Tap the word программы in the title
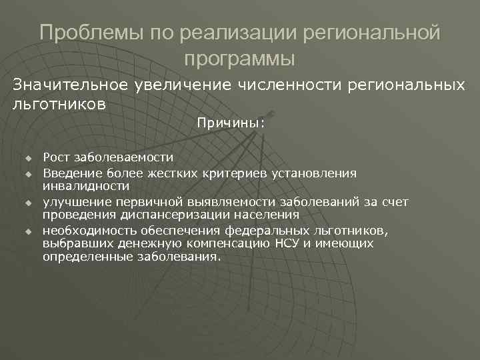(x=239, y=58)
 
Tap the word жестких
(x=158, y=173)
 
